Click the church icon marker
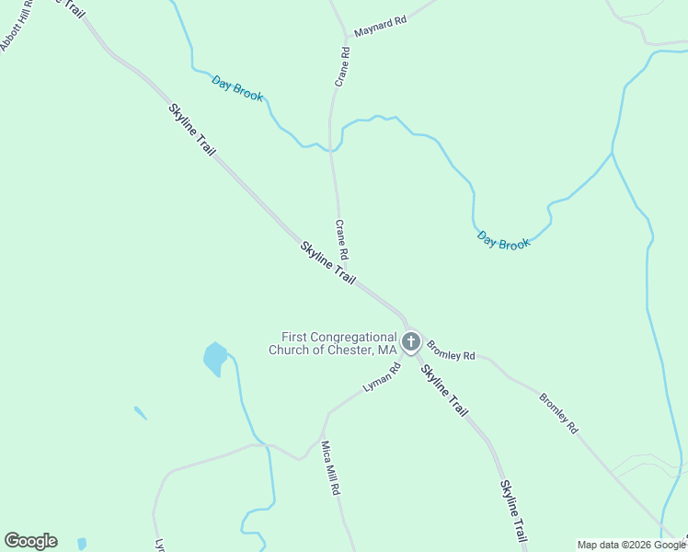coord(411,342)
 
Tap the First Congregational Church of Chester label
coord(333,343)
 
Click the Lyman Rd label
coord(383,378)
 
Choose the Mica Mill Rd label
coord(330,469)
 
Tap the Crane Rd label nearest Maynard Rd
coord(342,67)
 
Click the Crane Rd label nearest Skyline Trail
coord(341,239)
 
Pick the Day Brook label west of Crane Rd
coord(237,88)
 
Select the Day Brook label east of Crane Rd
coord(504,241)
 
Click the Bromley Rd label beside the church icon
coord(451,351)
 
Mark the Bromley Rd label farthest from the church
coord(558,414)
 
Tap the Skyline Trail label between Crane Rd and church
coord(328,262)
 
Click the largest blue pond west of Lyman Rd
coord(214,358)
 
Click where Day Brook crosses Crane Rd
coord(332,148)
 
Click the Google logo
coord(30,541)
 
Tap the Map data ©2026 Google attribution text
coord(632,545)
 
